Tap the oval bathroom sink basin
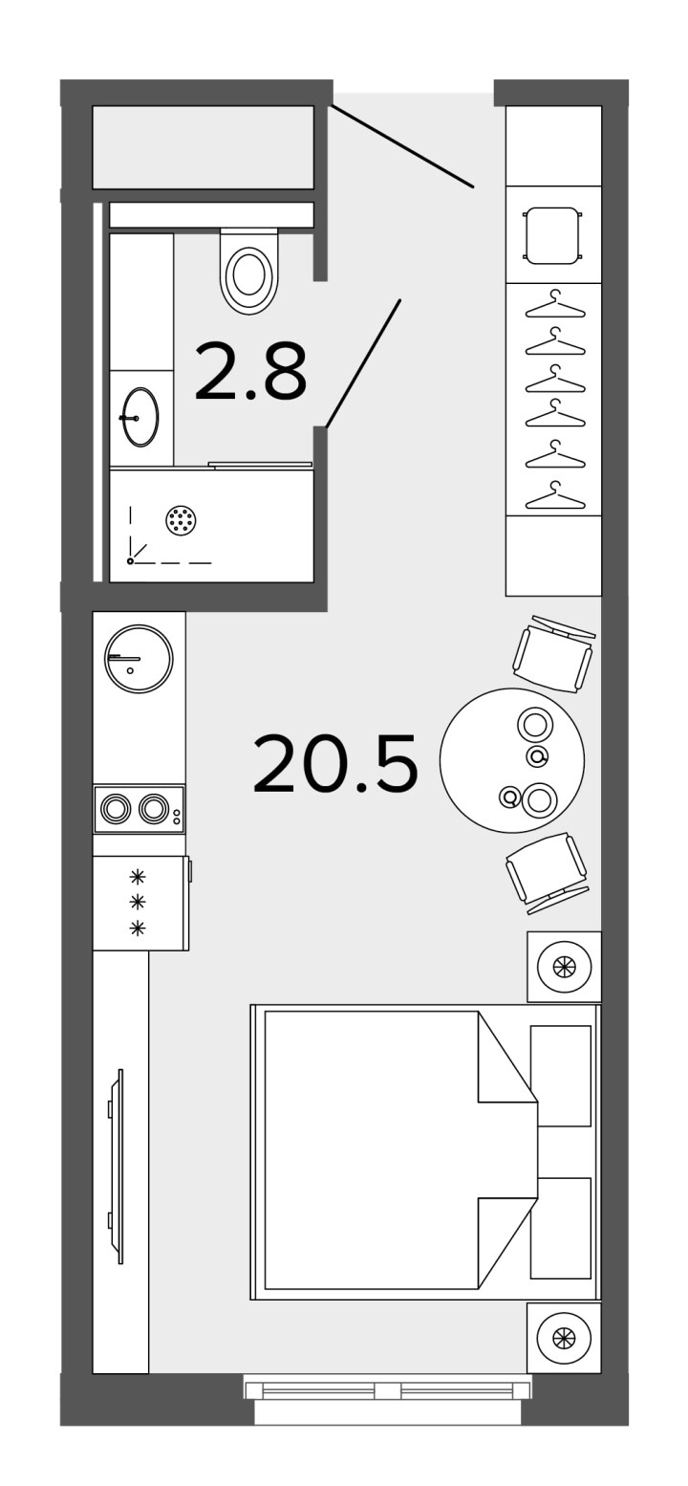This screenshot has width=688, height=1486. (x=140, y=416)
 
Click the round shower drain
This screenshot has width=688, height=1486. (x=181, y=520)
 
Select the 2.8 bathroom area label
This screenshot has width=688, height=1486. (x=250, y=372)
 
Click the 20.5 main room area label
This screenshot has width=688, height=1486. (x=335, y=763)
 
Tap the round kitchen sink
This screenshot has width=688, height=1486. (x=139, y=658)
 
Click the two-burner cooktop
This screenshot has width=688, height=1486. (x=140, y=809)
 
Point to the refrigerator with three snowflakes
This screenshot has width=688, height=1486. (x=141, y=903)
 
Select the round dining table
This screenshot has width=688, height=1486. (x=512, y=760)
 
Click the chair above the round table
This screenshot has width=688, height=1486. (x=554, y=654)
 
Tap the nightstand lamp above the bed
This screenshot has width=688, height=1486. (x=564, y=967)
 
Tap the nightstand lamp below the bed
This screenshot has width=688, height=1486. (x=564, y=1338)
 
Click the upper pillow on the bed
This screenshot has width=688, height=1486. (x=561, y=1076)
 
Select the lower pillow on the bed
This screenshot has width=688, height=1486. (x=561, y=1228)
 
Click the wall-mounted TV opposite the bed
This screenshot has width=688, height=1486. (x=116, y=1167)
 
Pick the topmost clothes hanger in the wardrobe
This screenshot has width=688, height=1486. (x=555, y=306)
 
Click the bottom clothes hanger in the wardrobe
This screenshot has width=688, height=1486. (x=555, y=497)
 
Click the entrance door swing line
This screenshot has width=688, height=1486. (x=403, y=146)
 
